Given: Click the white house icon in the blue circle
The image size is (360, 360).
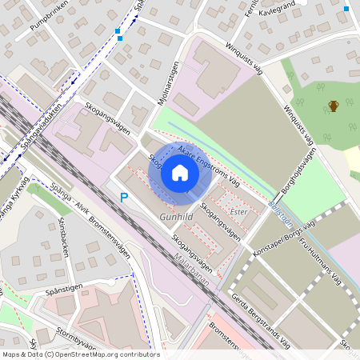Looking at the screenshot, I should click(180, 173).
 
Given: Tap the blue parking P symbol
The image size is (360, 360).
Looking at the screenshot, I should click(124, 197).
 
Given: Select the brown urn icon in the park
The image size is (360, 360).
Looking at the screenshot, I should click(333, 106).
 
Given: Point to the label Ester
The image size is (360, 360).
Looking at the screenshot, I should click(238, 212).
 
